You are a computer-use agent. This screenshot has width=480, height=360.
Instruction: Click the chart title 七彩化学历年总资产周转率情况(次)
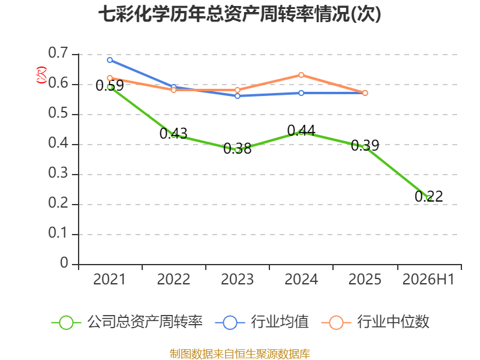[239, 14]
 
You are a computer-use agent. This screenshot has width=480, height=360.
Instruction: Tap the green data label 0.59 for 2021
[110, 85]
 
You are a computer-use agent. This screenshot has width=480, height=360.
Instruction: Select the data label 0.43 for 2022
[173, 133]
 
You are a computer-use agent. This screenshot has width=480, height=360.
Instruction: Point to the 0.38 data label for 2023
[237, 148]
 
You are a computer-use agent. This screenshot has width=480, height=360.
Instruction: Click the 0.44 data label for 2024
[301, 131]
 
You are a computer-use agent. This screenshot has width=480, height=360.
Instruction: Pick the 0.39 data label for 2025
[365, 145]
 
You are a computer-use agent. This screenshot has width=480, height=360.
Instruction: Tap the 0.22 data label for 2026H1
[429, 196]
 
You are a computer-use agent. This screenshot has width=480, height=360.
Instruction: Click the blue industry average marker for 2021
[110, 60]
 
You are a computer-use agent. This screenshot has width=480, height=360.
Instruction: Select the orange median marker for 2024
[301, 75]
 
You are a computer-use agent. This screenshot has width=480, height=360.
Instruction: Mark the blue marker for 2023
[238, 96]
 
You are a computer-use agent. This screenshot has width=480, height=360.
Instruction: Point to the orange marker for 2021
[110, 78]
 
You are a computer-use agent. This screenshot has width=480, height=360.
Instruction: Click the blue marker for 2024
[301, 93]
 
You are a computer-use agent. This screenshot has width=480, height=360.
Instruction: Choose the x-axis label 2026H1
[428, 279]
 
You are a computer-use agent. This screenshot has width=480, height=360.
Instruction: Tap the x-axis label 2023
[237, 279]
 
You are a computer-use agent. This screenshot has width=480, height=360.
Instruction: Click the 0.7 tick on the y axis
[58, 53]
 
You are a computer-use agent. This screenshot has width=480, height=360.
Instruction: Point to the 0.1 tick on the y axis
[58, 233]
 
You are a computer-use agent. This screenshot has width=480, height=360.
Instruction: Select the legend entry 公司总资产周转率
[127, 322]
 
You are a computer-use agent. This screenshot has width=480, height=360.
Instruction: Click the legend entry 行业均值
[262, 322]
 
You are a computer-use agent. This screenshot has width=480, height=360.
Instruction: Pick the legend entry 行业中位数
[376, 322]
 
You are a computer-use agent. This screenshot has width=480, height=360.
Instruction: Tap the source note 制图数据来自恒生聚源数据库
[240, 354]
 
